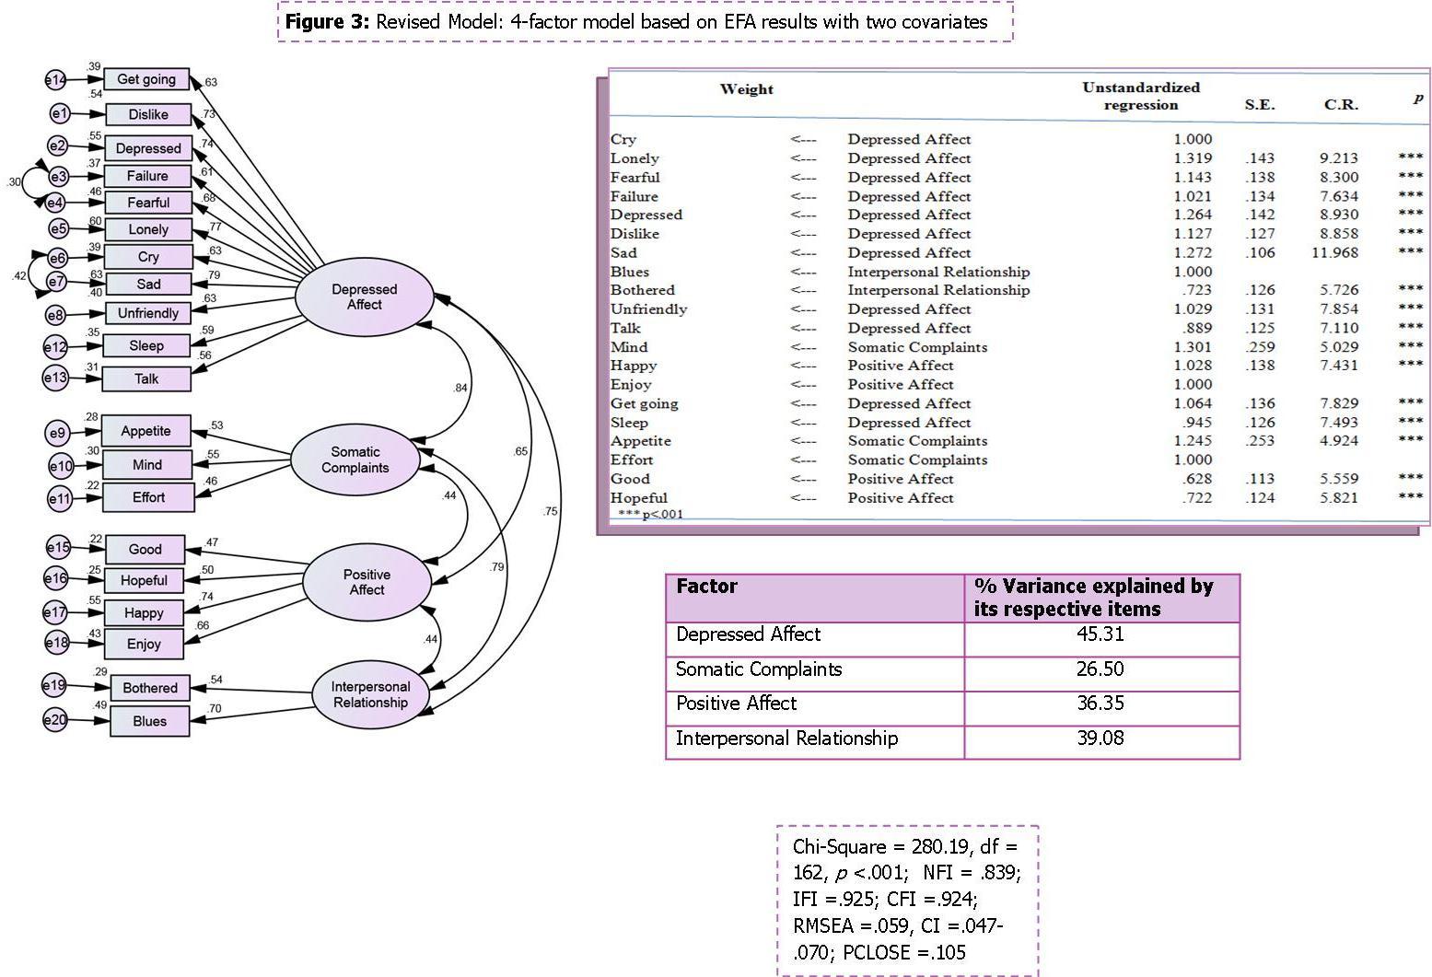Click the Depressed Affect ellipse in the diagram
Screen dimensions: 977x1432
tap(364, 297)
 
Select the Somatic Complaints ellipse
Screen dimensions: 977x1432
tap(355, 459)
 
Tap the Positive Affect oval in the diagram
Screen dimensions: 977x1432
tap(367, 582)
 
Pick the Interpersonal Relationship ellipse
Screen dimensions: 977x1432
tap(370, 694)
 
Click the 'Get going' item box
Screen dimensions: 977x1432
tap(146, 79)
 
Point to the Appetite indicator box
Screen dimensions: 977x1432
tap(146, 431)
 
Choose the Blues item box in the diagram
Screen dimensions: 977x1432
tap(150, 721)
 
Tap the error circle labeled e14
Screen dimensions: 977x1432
tap(55, 80)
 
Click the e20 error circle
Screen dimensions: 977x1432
tap(55, 719)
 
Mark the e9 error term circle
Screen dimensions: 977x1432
tap(58, 433)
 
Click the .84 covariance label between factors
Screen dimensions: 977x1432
tap(460, 388)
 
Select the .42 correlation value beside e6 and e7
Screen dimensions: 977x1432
tap(18, 275)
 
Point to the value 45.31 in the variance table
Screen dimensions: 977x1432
tap(1100, 634)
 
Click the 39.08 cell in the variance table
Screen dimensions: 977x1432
tap(1100, 739)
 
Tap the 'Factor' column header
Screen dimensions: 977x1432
tap(706, 587)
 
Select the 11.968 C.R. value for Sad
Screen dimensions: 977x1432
tap(1333, 252)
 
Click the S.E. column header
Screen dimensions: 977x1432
tap(1260, 105)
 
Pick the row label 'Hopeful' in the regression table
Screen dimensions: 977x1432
tap(638, 498)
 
